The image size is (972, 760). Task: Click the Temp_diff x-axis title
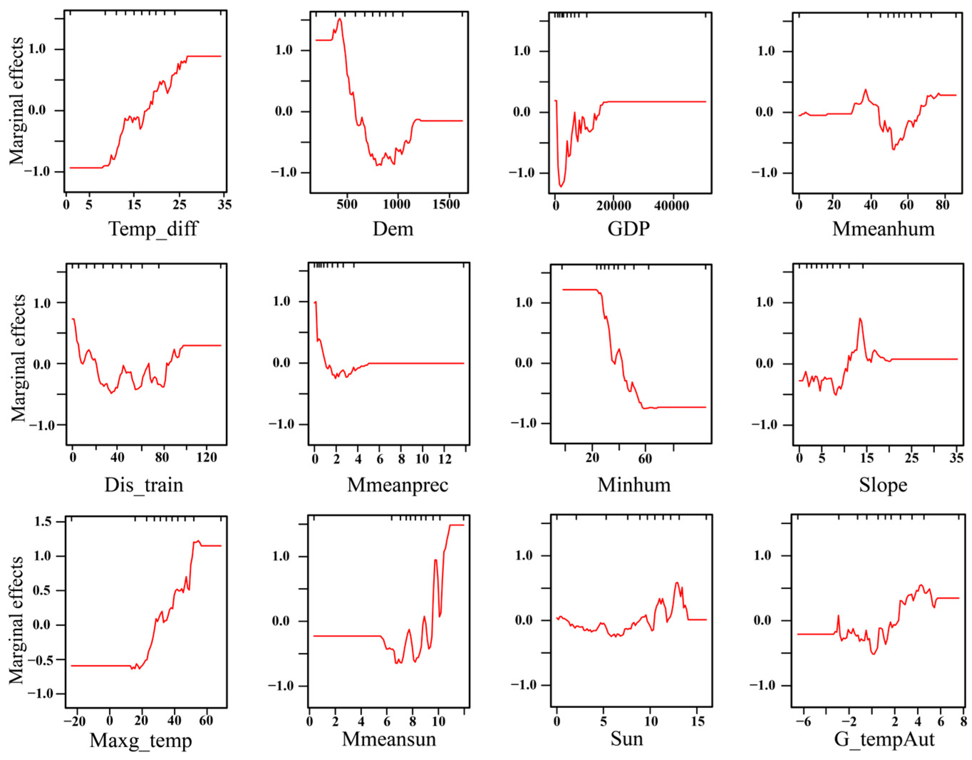click(x=153, y=229)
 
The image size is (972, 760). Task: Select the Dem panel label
click(x=393, y=229)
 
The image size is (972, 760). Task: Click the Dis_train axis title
click(x=144, y=485)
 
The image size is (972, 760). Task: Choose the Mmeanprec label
click(x=397, y=485)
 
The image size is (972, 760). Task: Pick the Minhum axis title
click(x=634, y=485)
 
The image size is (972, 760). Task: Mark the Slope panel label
click(x=883, y=485)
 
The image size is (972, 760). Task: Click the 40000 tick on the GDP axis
click(x=672, y=205)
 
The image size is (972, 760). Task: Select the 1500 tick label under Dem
click(x=446, y=205)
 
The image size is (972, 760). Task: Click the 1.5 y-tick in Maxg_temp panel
click(x=43, y=521)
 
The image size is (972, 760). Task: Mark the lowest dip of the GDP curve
click(x=561, y=187)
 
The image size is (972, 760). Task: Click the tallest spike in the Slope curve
click(x=860, y=318)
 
